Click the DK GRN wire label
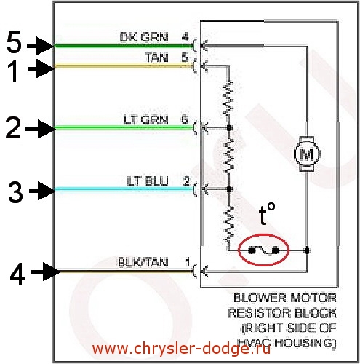pos(144,37)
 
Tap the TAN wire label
pos(156,58)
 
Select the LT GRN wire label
pos(146,119)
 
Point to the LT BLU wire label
pos(148,181)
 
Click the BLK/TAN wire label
pos(143,262)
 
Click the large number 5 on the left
pos(14,42)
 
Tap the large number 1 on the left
pos(14,71)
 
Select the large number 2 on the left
pos(13,128)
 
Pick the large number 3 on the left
pos(15,192)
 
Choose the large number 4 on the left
pos(17,274)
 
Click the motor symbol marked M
pos(307,154)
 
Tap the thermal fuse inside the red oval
pos(264,250)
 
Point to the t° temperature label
pos(267,213)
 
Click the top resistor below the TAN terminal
pos(228,98)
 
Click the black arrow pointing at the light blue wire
pos(42,191)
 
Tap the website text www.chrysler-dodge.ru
pos(181,349)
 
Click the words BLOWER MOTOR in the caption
pos(285,298)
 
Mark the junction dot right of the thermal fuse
pos(307,250)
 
